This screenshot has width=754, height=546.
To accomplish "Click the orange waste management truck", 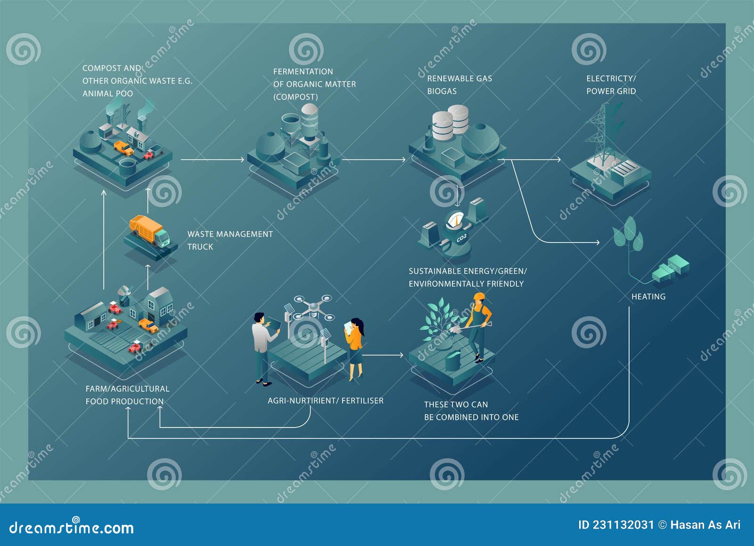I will (149, 231).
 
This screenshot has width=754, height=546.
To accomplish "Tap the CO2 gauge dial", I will (455, 221).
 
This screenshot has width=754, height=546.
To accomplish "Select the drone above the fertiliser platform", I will (312, 307).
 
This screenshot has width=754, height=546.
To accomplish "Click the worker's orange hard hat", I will (479, 297).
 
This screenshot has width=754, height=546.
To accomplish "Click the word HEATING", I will (648, 297).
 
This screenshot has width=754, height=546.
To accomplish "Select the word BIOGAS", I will (442, 91).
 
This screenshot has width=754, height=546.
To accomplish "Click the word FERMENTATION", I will (303, 72).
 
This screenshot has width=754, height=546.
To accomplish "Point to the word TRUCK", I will (200, 247).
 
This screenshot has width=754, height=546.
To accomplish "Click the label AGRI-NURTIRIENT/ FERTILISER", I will (325, 401).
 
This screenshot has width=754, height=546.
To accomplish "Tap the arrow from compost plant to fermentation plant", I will (212, 160).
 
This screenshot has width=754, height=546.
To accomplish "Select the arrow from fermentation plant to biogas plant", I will (373, 160).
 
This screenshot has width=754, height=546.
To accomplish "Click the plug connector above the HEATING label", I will (670, 269).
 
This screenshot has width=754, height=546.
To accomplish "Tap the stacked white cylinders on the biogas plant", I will (451, 121).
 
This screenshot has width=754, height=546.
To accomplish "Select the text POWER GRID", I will (611, 91).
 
